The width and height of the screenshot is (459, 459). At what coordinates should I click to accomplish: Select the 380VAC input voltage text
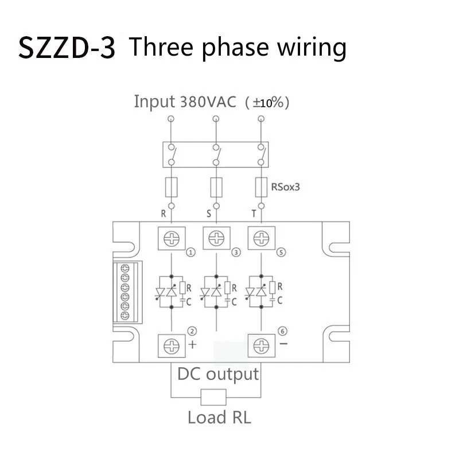(x=208, y=102)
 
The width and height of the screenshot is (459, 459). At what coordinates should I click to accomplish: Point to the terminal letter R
(x=164, y=214)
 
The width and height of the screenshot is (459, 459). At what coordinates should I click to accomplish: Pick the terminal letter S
(x=208, y=214)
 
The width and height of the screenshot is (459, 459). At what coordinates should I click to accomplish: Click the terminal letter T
(x=254, y=214)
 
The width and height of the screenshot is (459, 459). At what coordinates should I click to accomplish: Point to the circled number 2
(x=192, y=331)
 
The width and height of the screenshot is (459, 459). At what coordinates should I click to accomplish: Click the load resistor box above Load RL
(x=213, y=396)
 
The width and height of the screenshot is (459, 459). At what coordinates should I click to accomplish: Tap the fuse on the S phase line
(x=216, y=187)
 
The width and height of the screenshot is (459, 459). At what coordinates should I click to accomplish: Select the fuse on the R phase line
(x=171, y=187)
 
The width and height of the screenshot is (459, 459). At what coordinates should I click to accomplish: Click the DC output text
(x=218, y=375)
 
